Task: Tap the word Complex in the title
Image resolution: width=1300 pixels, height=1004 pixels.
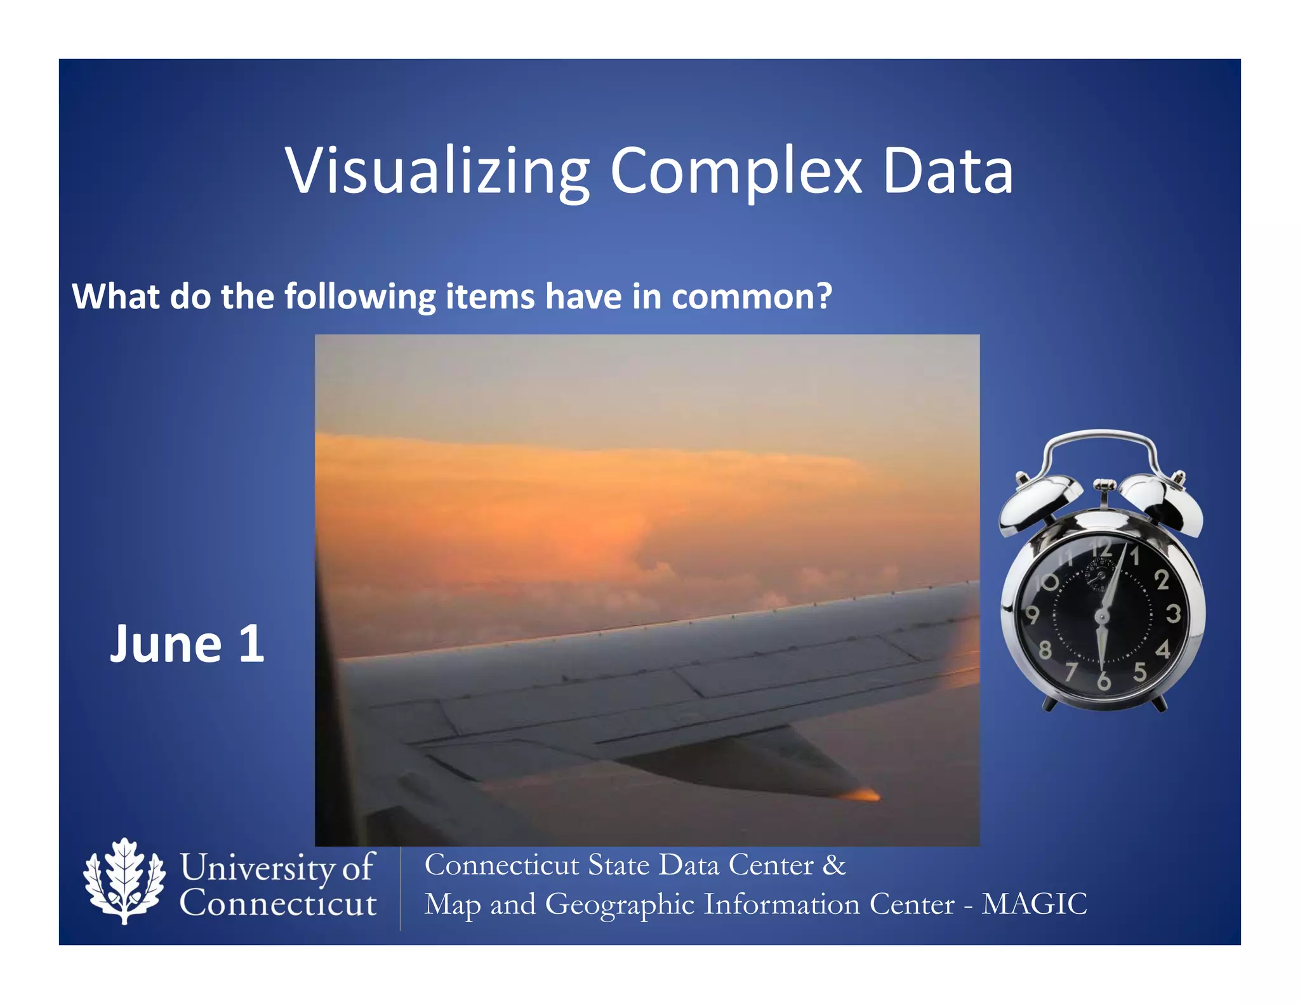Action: click(x=736, y=171)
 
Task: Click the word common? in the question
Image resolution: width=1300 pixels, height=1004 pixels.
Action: click(x=752, y=296)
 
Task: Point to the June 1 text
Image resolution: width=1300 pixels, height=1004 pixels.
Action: click(x=187, y=644)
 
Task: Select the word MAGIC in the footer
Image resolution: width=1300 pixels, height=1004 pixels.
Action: click(x=1034, y=904)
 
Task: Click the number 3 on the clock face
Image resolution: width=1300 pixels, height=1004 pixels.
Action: click(x=1173, y=614)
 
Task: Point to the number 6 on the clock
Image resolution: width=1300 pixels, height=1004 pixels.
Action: click(x=1104, y=682)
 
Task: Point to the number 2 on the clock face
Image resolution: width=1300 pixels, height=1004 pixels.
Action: click(x=1162, y=579)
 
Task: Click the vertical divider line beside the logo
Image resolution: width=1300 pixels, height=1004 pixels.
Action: click(x=401, y=888)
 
